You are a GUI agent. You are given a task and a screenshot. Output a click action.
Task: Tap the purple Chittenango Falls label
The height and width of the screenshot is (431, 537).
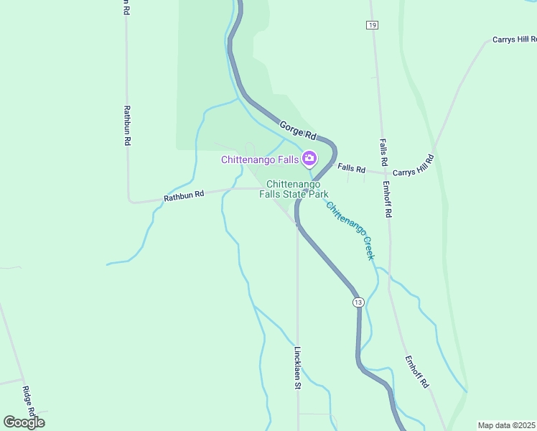(x=259, y=159)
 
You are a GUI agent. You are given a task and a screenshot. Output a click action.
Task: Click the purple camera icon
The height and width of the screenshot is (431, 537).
(x=309, y=158)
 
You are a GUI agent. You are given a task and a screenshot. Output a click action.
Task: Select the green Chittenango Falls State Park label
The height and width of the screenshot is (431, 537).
(x=297, y=190)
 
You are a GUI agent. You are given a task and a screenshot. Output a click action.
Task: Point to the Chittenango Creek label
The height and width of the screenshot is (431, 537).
(x=351, y=231)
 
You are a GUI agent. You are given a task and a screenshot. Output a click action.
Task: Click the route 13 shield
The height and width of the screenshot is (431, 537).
(x=358, y=302)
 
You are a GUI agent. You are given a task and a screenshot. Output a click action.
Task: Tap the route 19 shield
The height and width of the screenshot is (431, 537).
(x=371, y=25)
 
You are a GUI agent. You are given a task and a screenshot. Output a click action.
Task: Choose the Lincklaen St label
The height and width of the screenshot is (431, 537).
(x=297, y=369)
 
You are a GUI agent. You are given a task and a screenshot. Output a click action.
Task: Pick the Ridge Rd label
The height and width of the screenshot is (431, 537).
(x=29, y=401)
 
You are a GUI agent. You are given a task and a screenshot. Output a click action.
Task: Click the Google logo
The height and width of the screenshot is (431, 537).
(x=24, y=422)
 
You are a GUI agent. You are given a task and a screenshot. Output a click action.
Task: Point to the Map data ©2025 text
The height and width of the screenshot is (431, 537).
(x=506, y=425)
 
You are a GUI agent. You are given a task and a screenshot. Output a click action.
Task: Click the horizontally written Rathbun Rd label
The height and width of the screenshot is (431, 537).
(x=184, y=195)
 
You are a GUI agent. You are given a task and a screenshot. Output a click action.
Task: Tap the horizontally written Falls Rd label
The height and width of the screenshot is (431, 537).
(x=352, y=168)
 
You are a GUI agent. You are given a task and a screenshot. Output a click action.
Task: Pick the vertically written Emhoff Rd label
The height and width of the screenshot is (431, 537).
(x=387, y=200)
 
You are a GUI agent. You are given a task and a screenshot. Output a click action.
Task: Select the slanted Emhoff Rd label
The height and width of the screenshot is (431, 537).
(x=416, y=372)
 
